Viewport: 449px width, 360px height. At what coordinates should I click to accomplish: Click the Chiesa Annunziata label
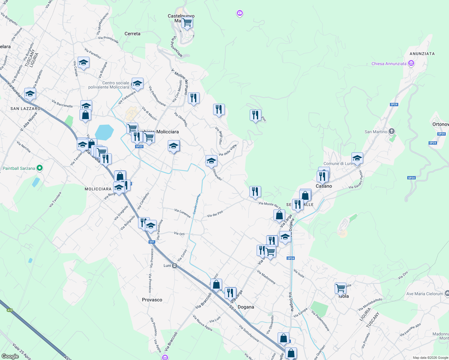(x=389, y=64)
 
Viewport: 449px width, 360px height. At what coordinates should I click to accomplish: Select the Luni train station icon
(x=175, y=265)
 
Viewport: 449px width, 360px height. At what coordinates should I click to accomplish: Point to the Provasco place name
(x=152, y=300)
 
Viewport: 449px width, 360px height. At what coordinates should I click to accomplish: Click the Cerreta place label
(x=132, y=34)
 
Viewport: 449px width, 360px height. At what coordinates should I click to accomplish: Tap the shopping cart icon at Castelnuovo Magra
(x=187, y=22)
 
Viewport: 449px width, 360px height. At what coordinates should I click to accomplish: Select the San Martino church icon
(x=391, y=131)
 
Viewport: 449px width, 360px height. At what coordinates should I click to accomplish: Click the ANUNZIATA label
(x=422, y=54)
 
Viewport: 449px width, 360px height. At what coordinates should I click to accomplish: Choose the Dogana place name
(x=246, y=307)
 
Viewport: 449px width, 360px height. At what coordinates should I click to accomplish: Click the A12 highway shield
(x=10, y=310)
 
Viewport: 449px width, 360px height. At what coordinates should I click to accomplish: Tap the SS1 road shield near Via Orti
(x=152, y=242)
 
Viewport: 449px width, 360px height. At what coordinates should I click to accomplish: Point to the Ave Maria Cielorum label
(x=424, y=294)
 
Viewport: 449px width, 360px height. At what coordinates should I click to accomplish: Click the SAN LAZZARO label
(x=26, y=109)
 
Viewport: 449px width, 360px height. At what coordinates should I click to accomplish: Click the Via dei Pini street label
(x=215, y=214)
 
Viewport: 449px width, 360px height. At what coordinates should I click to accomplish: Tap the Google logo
(x=10, y=356)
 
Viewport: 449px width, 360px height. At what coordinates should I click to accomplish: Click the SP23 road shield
(x=139, y=146)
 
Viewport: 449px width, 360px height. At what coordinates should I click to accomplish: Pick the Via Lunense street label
(x=182, y=213)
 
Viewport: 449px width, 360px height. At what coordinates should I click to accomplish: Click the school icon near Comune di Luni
(x=357, y=158)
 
